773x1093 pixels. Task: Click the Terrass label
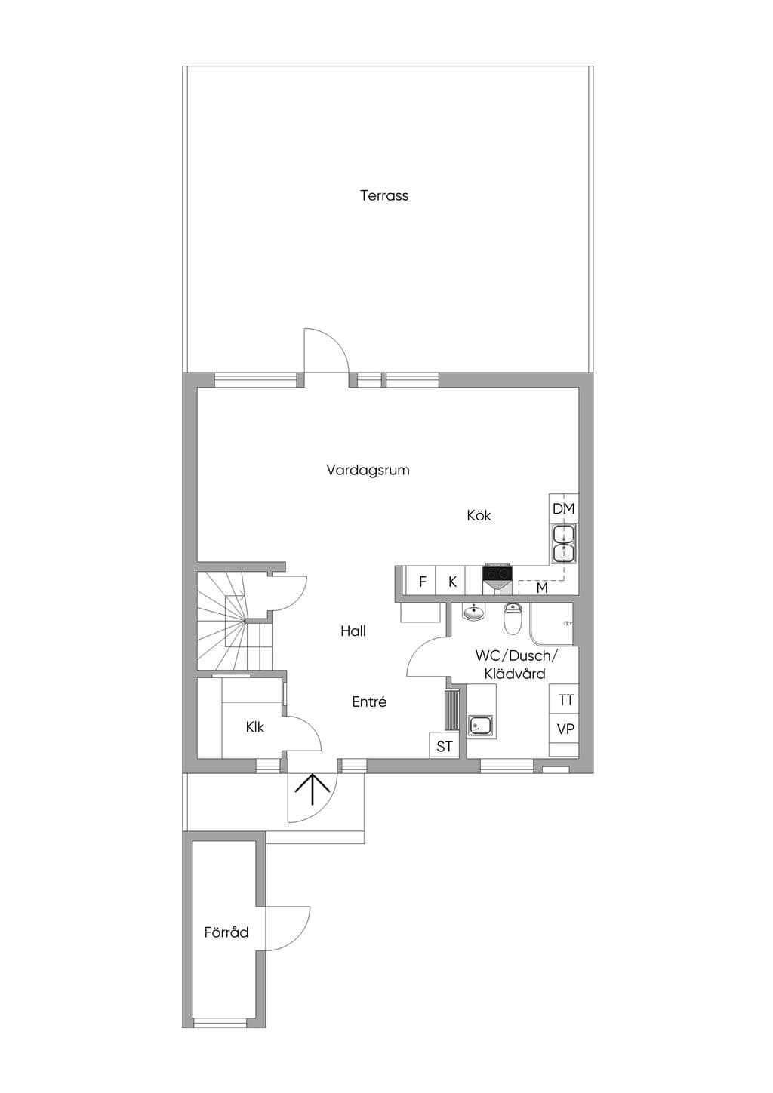point(383,195)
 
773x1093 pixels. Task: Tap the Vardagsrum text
point(368,471)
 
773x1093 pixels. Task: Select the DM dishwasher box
point(563,509)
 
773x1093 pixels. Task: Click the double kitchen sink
point(564,544)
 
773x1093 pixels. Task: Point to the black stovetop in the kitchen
point(497,573)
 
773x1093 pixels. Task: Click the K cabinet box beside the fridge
point(451,581)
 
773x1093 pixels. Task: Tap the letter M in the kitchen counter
point(542,588)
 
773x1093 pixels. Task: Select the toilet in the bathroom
point(513,618)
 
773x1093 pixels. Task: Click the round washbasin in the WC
point(473,612)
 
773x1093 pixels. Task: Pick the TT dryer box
point(565,700)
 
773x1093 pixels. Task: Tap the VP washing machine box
point(565,729)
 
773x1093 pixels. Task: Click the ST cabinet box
point(445,746)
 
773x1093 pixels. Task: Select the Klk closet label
point(255,727)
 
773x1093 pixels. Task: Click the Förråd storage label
point(226,932)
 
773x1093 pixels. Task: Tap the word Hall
point(353,631)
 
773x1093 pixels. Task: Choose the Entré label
point(369,702)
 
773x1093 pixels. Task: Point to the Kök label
point(479,515)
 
